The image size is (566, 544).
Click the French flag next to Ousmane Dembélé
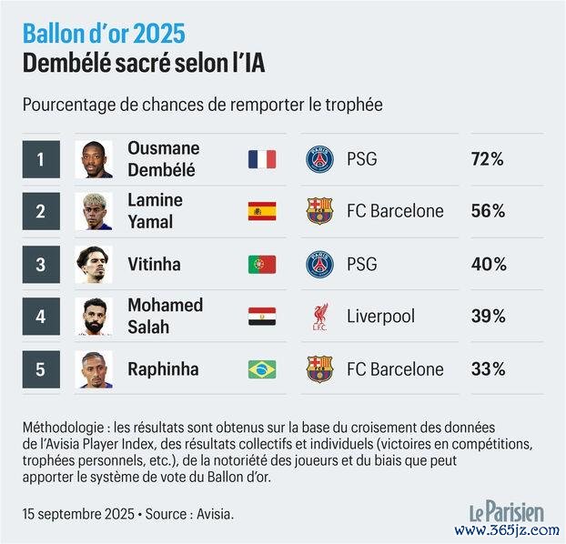pyautogui.click(x=262, y=159)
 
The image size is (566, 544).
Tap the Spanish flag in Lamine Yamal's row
pyautogui.click(x=262, y=211)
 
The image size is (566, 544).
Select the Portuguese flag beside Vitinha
pyautogui.click(x=262, y=264)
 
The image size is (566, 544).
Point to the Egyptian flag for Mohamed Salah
pyautogui.click(x=262, y=317)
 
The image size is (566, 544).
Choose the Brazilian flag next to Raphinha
pyautogui.click(x=262, y=368)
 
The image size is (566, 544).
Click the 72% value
pyautogui.click(x=488, y=159)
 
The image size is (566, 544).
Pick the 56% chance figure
pyautogui.click(x=488, y=211)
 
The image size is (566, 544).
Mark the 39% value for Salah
pyautogui.click(x=488, y=317)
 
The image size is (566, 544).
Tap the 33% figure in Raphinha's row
pyautogui.click(x=488, y=368)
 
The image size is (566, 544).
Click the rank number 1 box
pyautogui.click(x=40, y=159)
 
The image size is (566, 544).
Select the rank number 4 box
pyautogui.click(x=40, y=317)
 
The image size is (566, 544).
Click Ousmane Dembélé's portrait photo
pyautogui.click(x=94, y=159)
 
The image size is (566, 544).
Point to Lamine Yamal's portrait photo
pyautogui.click(x=94, y=211)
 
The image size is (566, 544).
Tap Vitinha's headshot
pyautogui.click(x=94, y=264)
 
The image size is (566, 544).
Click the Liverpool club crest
pyautogui.click(x=319, y=317)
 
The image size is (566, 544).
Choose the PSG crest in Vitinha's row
pyautogui.click(x=319, y=264)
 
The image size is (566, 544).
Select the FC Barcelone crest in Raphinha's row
pyautogui.click(x=319, y=368)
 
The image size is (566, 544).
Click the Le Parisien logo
pyautogui.click(x=506, y=510)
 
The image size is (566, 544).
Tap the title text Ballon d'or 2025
pyautogui.click(x=104, y=34)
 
